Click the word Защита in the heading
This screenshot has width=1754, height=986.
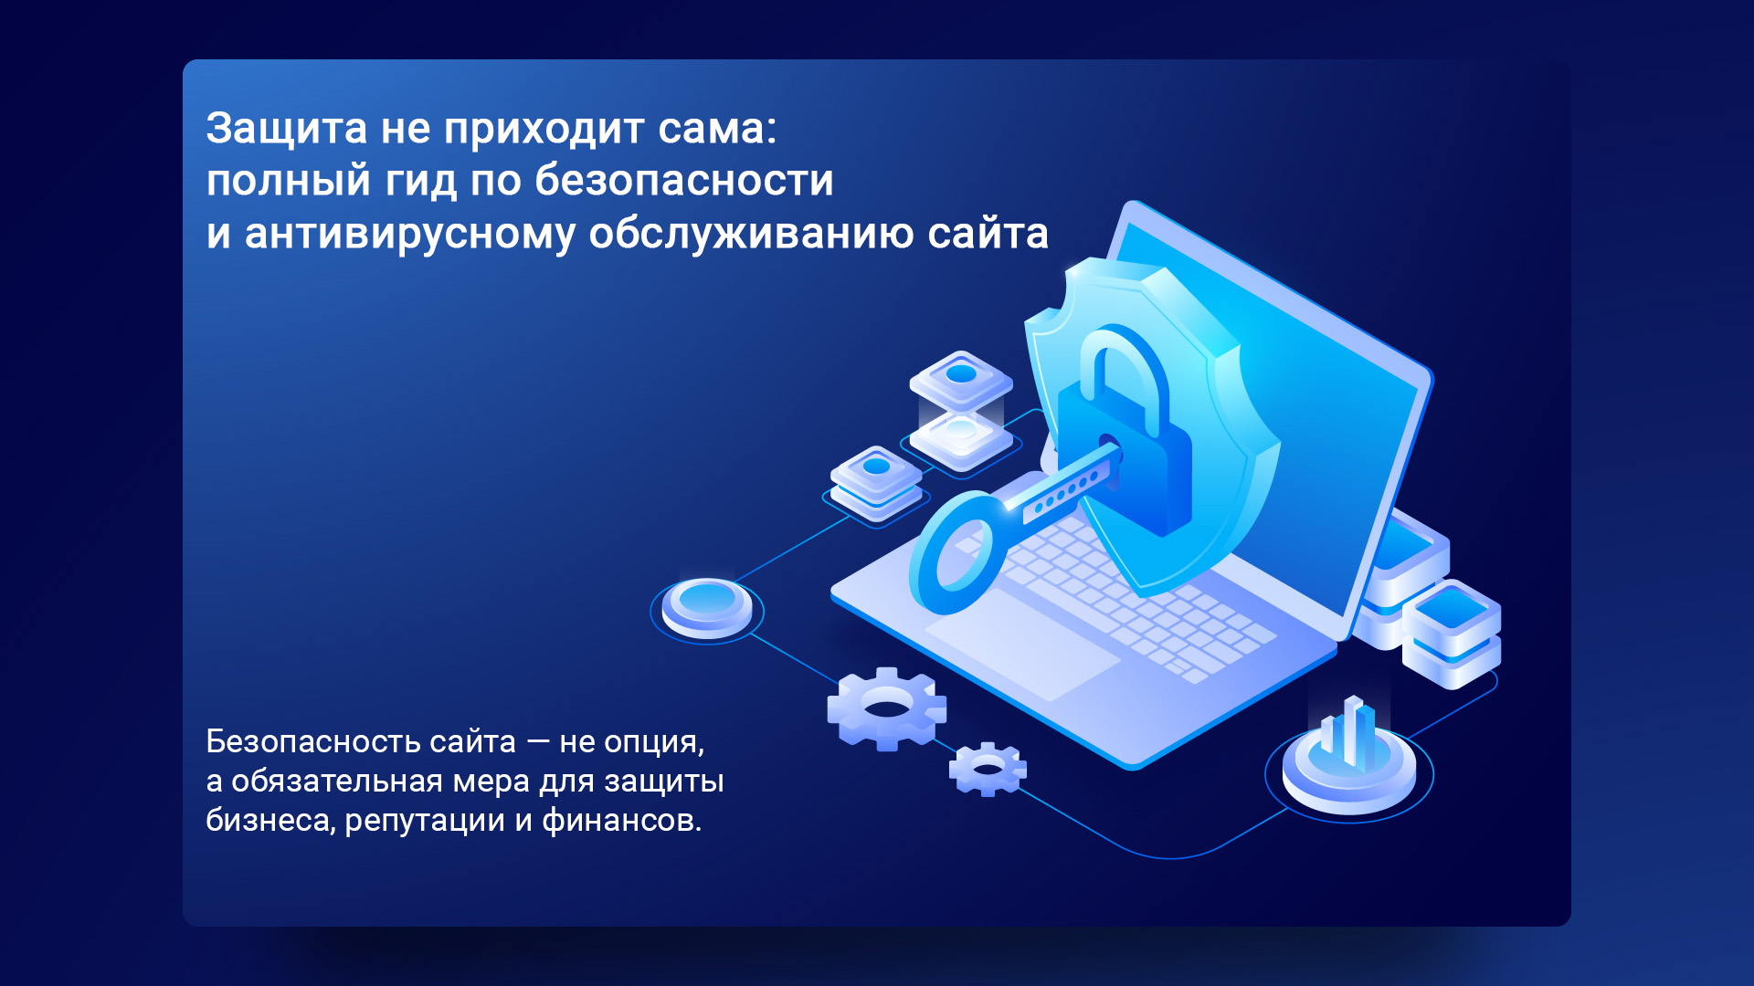click(x=287, y=130)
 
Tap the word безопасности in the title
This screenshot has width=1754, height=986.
click(x=684, y=180)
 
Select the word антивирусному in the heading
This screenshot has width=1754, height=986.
click(x=410, y=235)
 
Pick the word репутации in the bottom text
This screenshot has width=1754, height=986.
click(x=426, y=822)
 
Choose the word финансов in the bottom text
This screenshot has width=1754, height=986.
click(x=619, y=821)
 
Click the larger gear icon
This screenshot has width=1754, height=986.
click(x=886, y=708)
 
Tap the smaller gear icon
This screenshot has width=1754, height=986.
click(x=988, y=769)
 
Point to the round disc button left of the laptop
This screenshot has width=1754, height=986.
click(x=707, y=607)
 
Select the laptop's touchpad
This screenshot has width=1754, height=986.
click(x=1022, y=645)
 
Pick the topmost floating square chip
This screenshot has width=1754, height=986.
click(x=961, y=378)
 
